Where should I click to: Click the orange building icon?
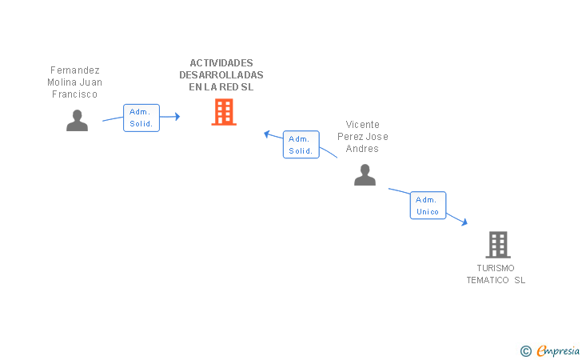224,112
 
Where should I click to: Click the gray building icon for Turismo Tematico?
497,244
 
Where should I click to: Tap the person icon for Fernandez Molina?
77,120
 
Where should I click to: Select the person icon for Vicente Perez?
365,174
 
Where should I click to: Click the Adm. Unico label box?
428,206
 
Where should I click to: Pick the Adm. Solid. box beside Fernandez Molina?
142,118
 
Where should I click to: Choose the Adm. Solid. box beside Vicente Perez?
301,145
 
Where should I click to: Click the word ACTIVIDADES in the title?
221,63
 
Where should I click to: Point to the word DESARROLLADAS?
221,75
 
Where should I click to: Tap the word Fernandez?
75,70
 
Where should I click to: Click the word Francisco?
75,94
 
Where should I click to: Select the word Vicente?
363,125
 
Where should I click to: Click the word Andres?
363,149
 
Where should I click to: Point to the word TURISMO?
496,268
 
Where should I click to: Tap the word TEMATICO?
488,280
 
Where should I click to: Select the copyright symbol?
525,350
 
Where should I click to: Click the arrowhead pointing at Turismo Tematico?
464,223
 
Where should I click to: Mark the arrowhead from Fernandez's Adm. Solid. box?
177,117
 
